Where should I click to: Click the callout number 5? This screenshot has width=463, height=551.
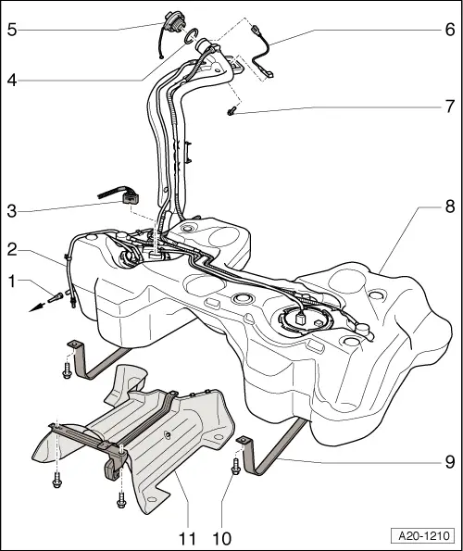12,28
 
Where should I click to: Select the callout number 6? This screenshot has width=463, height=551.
449,28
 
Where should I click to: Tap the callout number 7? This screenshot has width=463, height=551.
449,106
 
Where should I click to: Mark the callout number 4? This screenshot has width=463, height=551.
12,80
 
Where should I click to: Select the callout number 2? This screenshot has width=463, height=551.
12,249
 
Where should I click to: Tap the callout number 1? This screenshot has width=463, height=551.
12,279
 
